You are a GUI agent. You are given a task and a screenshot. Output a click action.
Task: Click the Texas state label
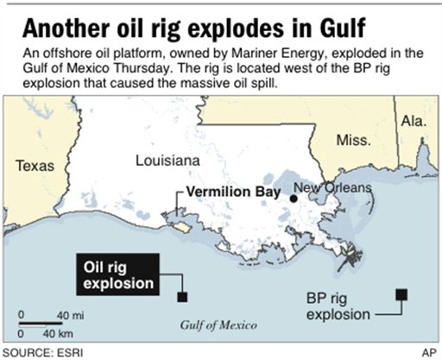click(x=35, y=165)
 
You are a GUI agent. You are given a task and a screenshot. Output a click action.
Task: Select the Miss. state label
click(x=353, y=141)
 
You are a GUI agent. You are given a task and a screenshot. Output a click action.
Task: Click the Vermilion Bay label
click(x=230, y=196)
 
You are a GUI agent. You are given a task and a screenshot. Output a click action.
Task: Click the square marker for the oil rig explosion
click(x=182, y=298)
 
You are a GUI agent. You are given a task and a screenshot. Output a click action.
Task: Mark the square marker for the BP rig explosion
click(x=401, y=294)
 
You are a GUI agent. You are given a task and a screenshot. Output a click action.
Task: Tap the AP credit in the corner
click(x=427, y=353)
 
